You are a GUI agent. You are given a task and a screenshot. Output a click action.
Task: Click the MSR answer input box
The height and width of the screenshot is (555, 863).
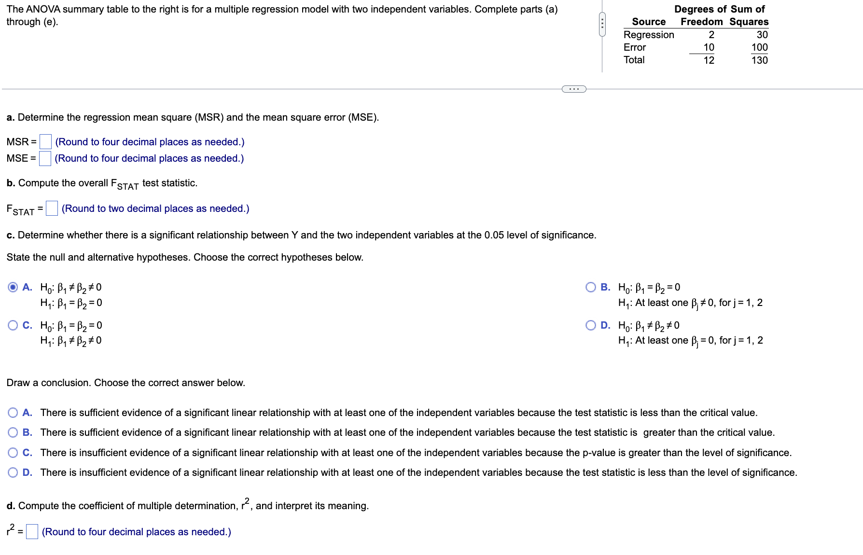(x=45, y=141)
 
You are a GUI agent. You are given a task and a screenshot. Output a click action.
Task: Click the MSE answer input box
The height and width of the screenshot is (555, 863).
(x=45, y=158)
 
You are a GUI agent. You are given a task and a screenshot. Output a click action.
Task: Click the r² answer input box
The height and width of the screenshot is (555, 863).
(x=32, y=531)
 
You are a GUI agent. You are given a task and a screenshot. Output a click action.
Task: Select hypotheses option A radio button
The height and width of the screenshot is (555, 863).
(x=13, y=287)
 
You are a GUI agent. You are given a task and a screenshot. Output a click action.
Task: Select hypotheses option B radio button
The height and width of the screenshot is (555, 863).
(x=590, y=287)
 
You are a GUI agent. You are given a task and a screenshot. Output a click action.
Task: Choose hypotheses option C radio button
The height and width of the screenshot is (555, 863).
(x=13, y=325)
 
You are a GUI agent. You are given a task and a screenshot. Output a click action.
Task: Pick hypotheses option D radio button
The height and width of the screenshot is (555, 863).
(x=590, y=325)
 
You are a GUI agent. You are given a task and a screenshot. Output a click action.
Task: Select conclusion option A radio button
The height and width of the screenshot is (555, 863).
(x=13, y=413)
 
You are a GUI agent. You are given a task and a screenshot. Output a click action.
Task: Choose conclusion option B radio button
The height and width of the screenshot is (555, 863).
(x=13, y=432)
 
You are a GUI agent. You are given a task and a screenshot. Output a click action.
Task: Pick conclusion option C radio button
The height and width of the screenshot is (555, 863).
(x=13, y=453)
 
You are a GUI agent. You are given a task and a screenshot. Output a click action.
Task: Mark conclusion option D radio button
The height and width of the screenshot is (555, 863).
(x=13, y=472)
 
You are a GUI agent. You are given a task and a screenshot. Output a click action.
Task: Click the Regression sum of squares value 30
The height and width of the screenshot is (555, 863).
(x=762, y=35)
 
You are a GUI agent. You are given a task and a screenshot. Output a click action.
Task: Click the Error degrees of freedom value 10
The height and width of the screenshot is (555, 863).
(x=709, y=47)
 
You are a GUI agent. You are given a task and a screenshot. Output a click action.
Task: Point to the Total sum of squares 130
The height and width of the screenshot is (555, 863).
(x=759, y=60)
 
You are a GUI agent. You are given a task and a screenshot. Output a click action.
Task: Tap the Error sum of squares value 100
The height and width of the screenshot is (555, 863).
(x=759, y=47)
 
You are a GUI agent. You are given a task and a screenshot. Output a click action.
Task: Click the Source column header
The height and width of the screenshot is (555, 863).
(x=648, y=22)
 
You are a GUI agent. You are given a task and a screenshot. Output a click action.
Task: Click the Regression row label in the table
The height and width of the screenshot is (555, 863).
(x=648, y=35)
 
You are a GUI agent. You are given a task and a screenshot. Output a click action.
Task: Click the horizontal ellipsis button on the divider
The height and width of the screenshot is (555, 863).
(x=574, y=89)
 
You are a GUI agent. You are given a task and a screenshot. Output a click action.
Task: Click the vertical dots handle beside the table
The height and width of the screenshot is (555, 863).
(x=602, y=24)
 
